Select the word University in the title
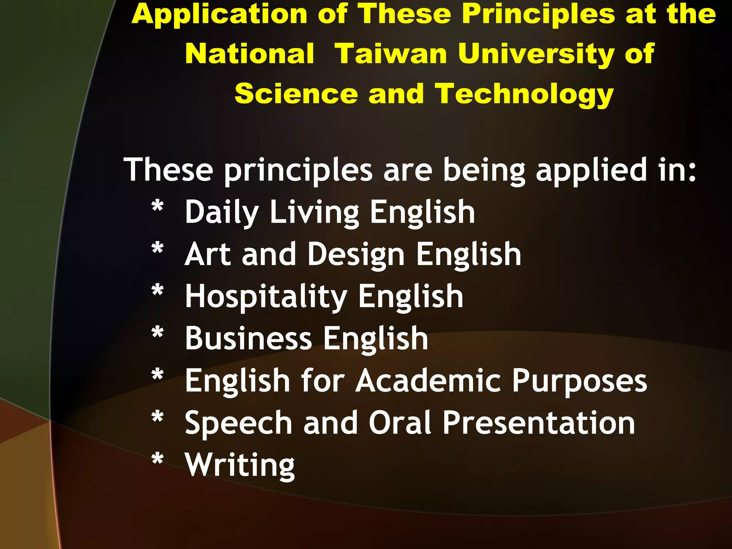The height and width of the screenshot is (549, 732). click(536, 54)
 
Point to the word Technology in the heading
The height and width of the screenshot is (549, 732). click(524, 94)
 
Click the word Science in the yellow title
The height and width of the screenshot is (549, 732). click(296, 94)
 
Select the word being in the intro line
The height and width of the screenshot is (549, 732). click(484, 171)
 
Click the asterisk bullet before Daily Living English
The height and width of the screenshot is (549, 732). click(158, 208)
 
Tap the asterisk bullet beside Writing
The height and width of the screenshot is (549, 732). click(158, 460)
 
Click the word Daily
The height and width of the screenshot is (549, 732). click(222, 213)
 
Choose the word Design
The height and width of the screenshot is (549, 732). click(356, 255)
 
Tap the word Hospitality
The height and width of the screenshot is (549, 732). click(266, 297)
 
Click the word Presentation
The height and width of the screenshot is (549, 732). click(539, 422)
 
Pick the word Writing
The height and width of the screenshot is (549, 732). click(240, 465)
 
